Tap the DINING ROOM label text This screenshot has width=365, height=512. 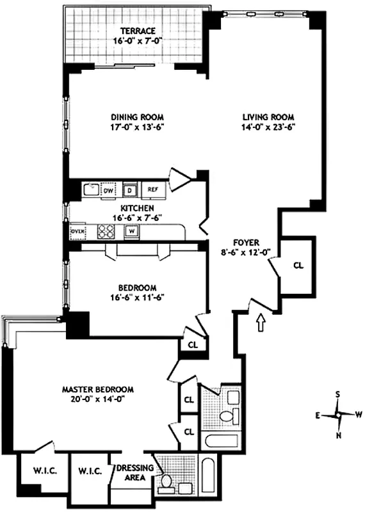click(x=137, y=118)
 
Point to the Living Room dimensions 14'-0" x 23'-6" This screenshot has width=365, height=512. click(x=268, y=127)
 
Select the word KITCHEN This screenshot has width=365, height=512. click(x=136, y=209)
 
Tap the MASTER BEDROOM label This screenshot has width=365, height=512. click(x=97, y=389)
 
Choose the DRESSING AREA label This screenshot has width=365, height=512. click(x=134, y=472)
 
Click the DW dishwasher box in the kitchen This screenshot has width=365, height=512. click(x=109, y=190)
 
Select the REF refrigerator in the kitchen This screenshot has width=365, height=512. click(x=152, y=189)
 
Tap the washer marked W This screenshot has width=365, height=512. click(x=131, y=231)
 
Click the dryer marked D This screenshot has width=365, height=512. click(x=130, y=189)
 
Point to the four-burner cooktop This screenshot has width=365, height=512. click(x=105, y=231)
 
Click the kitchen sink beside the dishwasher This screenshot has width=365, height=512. click(x=90, y=189)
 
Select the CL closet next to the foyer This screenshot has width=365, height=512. click(x=298, y=266)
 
